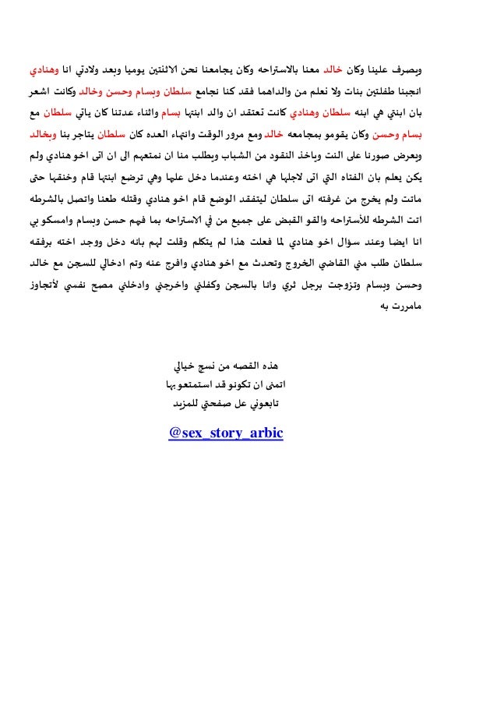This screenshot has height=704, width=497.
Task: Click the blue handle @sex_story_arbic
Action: pyautogui.click(x=225, y=432)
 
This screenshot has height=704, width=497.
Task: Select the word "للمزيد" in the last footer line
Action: pyautogui.click(x=187, y=404)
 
